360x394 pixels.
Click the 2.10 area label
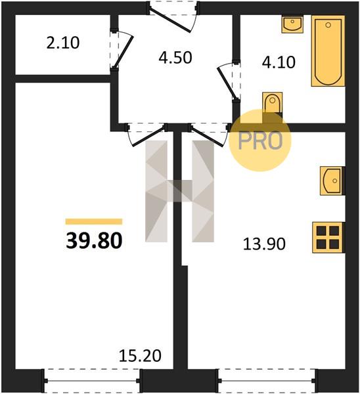(x=63, y=43)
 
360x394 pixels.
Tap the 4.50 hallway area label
(x=175, y=57)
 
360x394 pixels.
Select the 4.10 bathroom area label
(x=279, y=62)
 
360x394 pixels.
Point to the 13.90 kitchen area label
(x=264, y=244)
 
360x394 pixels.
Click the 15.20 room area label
(x=140, y=356)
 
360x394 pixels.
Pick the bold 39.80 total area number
(x=94, y=240)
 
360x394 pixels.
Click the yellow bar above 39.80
(x=94, y=221)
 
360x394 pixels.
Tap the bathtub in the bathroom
(x=328, y=51)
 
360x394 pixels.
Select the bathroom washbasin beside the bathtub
(x=292, y=24)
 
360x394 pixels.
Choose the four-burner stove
(x=328, y=238)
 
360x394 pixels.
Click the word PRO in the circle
(x=260, y=141)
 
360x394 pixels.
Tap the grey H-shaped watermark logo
(x=179, y=191)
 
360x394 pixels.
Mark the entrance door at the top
(x=173, y=16)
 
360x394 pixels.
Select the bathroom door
(x=228, y=81)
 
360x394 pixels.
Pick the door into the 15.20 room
(x=147, y=135)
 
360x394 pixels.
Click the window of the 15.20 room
(x=92, y=381)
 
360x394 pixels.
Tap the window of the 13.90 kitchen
(x=267, y=381)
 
